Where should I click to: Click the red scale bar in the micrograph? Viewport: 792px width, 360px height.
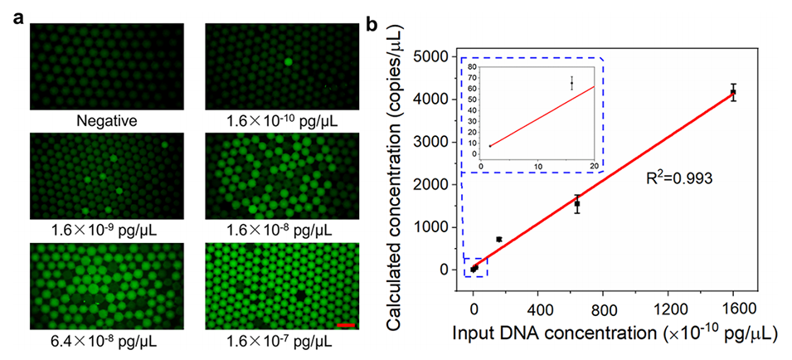(x=346, y=324)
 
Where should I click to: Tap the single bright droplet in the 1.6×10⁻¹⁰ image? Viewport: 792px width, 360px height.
(x=286, y=61)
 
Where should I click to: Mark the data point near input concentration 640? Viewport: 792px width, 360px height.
(x=577, y=203)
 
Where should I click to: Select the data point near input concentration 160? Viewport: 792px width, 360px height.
(x=498, y=239)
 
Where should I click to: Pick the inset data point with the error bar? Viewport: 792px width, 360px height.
(x=571, y=82)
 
